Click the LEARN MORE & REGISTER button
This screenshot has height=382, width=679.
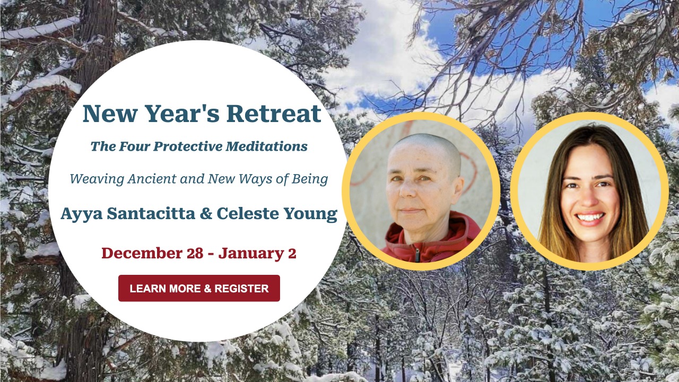coord(199,288)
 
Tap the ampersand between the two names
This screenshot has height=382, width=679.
coord(206,213)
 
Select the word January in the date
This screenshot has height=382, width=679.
coord(251,254)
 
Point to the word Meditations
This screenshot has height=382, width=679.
coord(266,146)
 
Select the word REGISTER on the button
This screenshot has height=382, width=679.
coord(241,288)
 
